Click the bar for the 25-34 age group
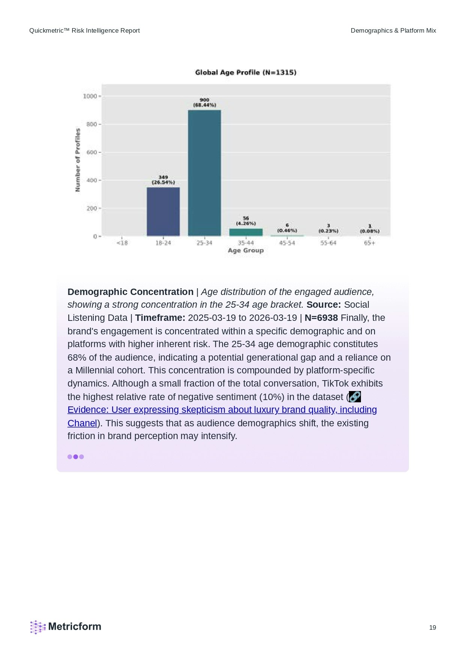[204, 173]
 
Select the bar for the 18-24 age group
[163, 212]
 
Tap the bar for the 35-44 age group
[246, 232]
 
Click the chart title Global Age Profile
[246, 72]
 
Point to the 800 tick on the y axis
[92, 124]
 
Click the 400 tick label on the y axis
[92, 181]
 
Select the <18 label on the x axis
[122, 243]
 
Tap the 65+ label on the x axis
[370, 243]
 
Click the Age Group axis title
[246, 251]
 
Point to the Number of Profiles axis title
[78, 160]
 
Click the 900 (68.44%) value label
[204, 102]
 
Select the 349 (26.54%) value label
[163, 180]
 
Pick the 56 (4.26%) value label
[246, 221]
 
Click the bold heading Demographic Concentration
[130, 292]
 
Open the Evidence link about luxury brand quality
[222, 410]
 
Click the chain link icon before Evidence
[355, 397]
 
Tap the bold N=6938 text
[321, 318]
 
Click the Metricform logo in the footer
[66, 627]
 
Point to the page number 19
[433, 627]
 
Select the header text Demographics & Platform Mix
[393, 31]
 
